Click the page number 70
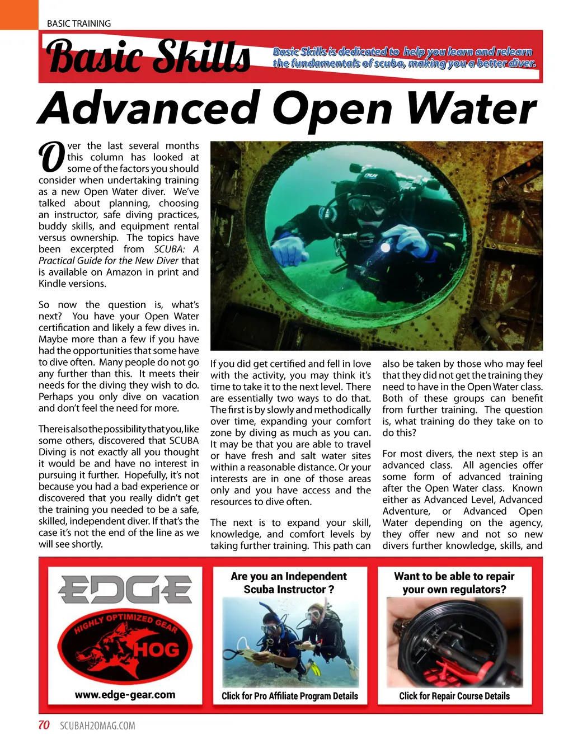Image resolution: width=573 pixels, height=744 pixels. (x=44, y=725)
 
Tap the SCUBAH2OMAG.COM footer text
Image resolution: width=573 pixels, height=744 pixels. (x=97, y=726)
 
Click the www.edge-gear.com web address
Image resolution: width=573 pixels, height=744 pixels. (x=125, y=695)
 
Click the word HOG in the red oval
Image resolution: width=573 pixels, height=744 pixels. (x=156, y=649)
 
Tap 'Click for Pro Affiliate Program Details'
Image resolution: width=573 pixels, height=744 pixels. (x=289, y=696)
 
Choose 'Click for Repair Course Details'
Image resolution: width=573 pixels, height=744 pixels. (x=454, y=696)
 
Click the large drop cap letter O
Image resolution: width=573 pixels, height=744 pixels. (x=51, y=157)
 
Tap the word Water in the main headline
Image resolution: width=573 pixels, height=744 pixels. (x=472, y=109)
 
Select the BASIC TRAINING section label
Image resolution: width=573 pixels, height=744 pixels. (x=79, y=23)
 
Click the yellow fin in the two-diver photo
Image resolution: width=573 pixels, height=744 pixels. (x=316, y=668)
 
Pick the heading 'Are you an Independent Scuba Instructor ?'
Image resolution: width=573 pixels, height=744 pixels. (x=289, y=582)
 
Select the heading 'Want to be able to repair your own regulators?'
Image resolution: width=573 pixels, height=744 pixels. (x=454, y=582)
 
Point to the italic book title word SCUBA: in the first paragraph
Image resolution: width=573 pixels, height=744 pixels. (x=170, y=249)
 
